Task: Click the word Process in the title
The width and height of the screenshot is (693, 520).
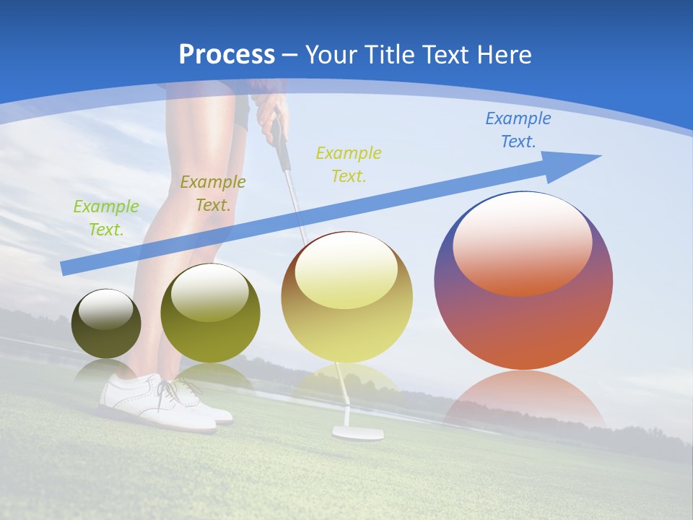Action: (227, 55)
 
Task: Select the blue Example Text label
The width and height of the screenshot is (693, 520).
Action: (518, 130)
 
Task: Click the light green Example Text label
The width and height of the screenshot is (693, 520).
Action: (106, 217)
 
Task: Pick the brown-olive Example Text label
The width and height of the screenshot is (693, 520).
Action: (212, 193)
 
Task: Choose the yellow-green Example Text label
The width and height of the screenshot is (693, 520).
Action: (348, 164)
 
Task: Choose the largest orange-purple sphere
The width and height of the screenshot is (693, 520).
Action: (523, 318)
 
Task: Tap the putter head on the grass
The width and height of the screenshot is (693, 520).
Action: (357, 433)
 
